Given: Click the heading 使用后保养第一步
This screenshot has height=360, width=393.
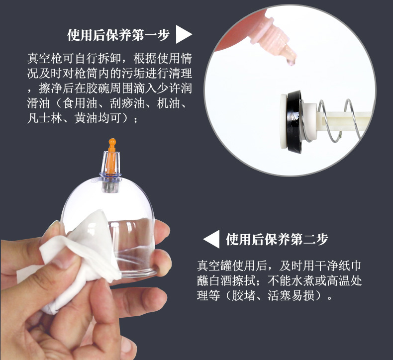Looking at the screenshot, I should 118,35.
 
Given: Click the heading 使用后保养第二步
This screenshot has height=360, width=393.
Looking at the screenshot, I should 277,240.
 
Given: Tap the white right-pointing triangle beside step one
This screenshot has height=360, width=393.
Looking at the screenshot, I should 184,35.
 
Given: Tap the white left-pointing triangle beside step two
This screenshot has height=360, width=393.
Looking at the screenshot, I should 212,240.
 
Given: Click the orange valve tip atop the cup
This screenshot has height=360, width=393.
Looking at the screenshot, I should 112,145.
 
